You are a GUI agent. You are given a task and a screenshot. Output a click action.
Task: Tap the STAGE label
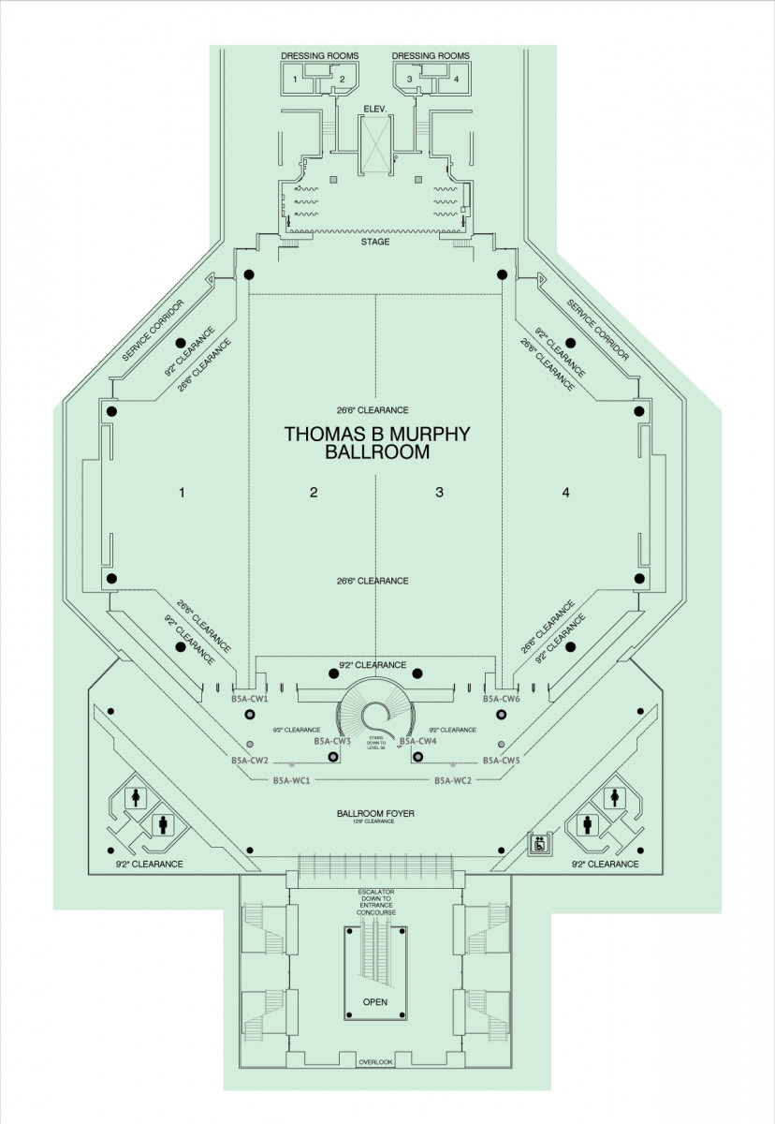click(374, 242)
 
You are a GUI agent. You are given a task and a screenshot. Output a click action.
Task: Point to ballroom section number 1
click(183, 492)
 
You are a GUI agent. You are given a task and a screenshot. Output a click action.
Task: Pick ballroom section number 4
click(565, 492)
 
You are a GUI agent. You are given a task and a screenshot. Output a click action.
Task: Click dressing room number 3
click(410, 79)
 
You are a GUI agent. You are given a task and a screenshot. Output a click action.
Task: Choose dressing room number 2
click(343, 79)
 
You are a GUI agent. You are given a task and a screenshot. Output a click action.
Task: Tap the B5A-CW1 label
click(250, 699)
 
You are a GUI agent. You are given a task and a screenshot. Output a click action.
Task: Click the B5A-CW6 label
click(501, 699)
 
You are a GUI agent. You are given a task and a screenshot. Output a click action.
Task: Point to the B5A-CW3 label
click(332, 741)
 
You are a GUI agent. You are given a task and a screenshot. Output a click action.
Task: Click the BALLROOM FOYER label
click(375, 814)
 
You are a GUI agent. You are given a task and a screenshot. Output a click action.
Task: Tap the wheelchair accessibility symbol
click(539, 844)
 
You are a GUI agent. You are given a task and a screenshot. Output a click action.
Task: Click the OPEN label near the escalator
click(374, 1001)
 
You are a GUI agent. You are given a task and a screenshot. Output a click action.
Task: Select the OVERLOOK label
click(374, 1061)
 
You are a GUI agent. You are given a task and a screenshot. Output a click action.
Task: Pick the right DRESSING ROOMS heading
click(431, 56)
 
